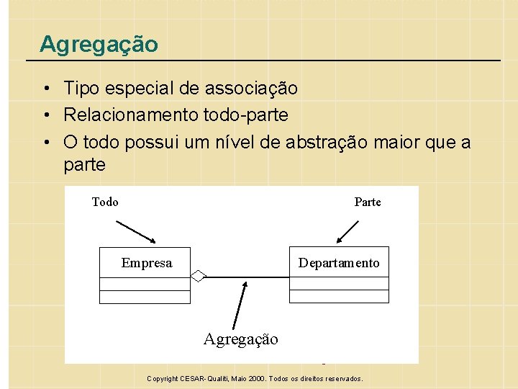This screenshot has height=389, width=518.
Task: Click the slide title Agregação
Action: click(x=99, y=44)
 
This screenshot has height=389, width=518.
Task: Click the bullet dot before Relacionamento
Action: click(x=45, y=115)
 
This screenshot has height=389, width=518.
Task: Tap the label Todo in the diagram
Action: click(x=105, y=202)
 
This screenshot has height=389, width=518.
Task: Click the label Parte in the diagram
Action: click(x=368, y=202)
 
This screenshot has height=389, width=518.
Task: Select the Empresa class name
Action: click(x=147, y=263)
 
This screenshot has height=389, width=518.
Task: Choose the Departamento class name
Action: click(x=339, y=263)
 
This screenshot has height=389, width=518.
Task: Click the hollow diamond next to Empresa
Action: click(x=199, y=275)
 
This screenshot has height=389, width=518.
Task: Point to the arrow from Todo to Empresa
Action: click(x=136, y=231)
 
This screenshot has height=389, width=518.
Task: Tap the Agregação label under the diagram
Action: click(x=240, y=339)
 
